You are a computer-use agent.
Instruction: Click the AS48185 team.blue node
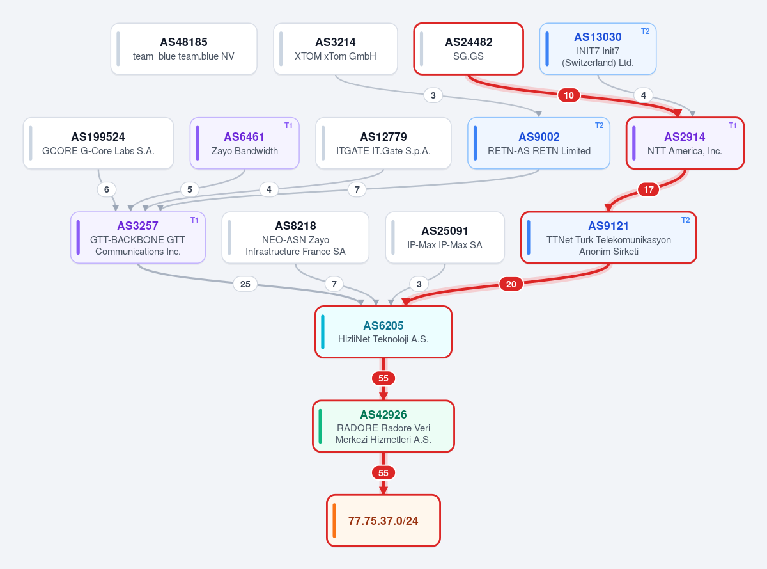[x=183, y=49]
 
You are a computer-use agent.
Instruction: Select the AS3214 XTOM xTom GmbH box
[x=335, y=49]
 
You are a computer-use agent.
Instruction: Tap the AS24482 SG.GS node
[x=469, y=49]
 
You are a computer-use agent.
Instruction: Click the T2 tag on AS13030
[x=645, y=31]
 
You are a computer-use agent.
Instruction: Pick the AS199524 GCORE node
[x=98, y=143]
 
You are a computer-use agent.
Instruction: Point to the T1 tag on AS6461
[x=288, y=125]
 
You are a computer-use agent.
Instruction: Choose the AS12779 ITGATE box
[x=383, y=143]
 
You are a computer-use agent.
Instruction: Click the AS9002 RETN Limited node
[x=539, y=143]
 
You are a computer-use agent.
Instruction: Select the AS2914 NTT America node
[x=685, y=143]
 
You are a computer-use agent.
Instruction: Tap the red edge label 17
[x=648, y=189]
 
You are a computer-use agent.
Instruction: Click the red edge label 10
[x=569, y=95]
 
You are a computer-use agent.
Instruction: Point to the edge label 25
[x=245, y=284]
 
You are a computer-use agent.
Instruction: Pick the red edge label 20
[x=511, y=284]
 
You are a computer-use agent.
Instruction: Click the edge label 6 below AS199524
[x=107, y=189]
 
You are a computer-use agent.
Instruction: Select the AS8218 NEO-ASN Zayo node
[x=295, y=237]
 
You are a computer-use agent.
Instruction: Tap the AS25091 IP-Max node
[x=445, y=237]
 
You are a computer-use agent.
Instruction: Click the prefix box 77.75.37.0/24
[x=383, y=520]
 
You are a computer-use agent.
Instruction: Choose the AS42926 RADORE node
[x=383, y=426]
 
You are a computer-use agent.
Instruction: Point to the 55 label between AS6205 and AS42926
[x=383, y=378]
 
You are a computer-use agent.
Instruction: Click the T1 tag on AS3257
[x=194, y=220]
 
